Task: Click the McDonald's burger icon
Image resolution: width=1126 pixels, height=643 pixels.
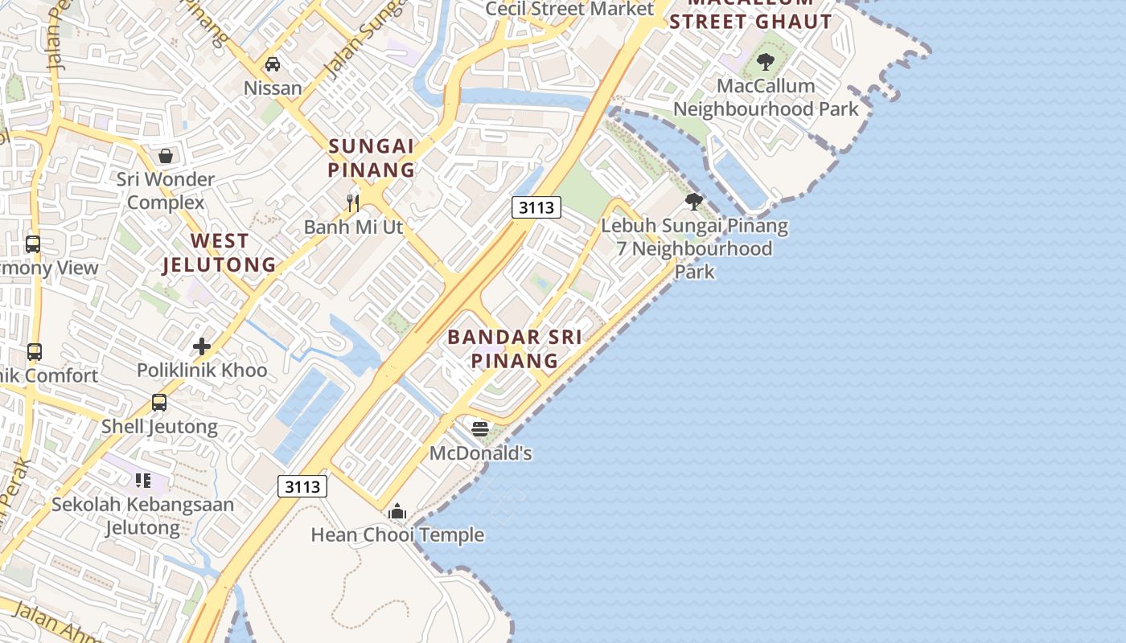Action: point(480,429)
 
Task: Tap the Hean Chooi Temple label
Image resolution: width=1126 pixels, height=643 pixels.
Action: point(397,534)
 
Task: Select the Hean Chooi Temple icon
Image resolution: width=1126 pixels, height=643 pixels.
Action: point(397,511)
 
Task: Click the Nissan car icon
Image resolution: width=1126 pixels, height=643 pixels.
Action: point(273,64)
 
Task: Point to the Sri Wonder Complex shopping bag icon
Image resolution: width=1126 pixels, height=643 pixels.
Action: point(166,155)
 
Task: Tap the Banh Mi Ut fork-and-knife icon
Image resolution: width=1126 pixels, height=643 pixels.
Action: point(352,202)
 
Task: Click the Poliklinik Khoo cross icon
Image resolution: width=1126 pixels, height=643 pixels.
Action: point(202,346)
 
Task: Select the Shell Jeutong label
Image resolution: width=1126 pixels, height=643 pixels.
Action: point(159,426)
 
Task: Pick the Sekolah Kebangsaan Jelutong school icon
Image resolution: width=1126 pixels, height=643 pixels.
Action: point(143,481)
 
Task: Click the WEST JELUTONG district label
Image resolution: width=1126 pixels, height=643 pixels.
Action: point(219,252)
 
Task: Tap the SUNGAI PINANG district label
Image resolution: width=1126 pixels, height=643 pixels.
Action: point(372,158)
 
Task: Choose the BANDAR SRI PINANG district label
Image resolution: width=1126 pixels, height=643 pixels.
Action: point(515,348)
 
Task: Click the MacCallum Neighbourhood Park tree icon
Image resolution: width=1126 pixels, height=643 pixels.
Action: point(766,61)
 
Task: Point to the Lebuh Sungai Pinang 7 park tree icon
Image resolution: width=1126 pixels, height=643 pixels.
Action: point(693,202)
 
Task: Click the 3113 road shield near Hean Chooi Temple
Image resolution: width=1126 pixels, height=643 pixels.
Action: point(303,486)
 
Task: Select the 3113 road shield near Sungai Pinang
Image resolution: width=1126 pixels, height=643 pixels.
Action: point(536,207)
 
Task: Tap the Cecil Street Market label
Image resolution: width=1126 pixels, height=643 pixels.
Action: point(569,9)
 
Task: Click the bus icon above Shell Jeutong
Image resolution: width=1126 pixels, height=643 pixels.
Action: point(159,403)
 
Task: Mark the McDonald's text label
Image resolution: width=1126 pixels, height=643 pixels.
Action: point(481,453)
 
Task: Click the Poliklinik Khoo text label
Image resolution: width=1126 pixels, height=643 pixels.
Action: point(202,371)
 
